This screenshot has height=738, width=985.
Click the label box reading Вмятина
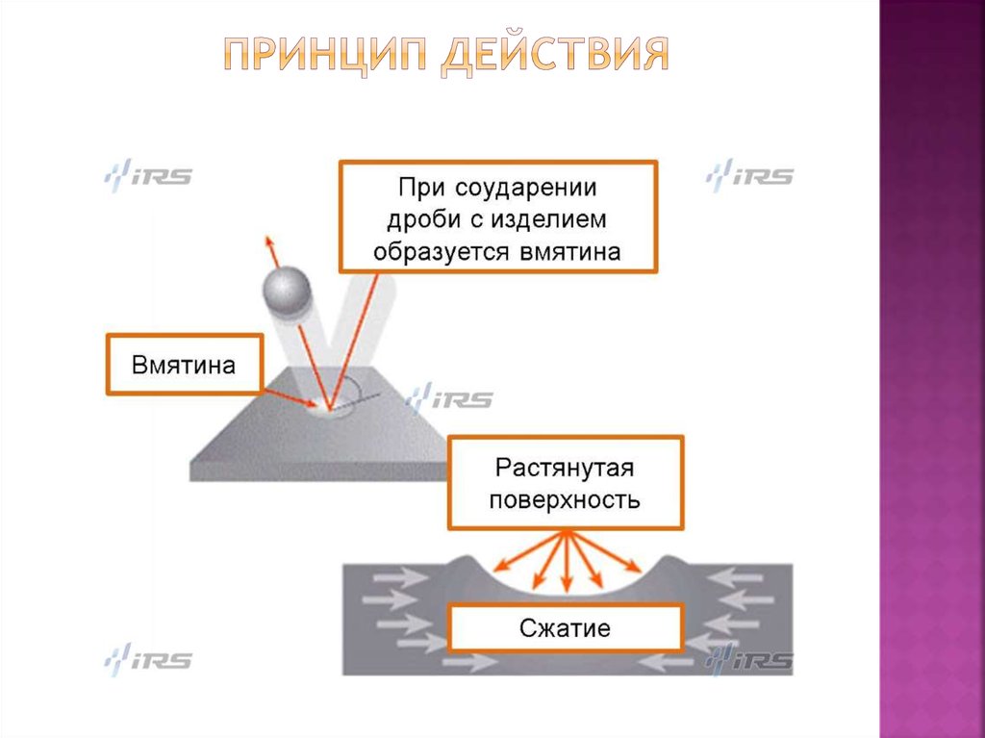184,364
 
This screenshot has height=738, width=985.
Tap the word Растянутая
566,469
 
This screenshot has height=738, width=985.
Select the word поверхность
566,500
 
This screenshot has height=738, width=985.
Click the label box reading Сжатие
566,630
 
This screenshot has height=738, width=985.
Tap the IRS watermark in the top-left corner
148,176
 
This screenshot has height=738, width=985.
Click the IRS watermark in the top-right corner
749,176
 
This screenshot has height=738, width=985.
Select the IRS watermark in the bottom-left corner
148,661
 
